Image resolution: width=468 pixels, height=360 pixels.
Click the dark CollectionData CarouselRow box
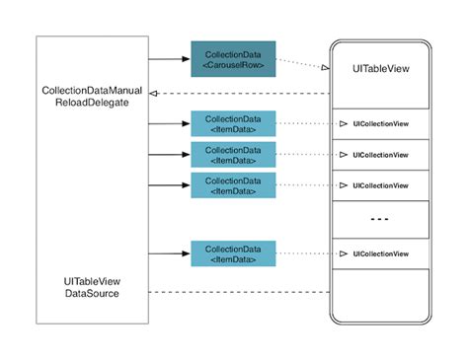[x=233, y=59]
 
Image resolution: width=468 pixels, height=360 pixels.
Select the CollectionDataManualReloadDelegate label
[x=92, y=97]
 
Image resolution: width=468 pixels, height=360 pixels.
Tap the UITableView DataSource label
[x=92, y=286]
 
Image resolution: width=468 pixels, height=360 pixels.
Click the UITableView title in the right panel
[x=380, y=70]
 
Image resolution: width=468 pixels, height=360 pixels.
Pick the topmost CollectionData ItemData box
[x=233, y=124]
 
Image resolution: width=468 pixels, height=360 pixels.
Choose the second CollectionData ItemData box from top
[x=233, y=155]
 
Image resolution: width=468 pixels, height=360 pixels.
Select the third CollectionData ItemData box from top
[x=233, y=185]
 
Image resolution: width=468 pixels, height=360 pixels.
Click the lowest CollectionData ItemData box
[x=233, y=253]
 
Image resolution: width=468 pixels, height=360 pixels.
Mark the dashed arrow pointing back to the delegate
[x=237, y=94]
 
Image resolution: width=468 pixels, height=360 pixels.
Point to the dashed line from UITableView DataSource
[x=237, y=292]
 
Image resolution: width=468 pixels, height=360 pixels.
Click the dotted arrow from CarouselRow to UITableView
[x=301, y=64]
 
